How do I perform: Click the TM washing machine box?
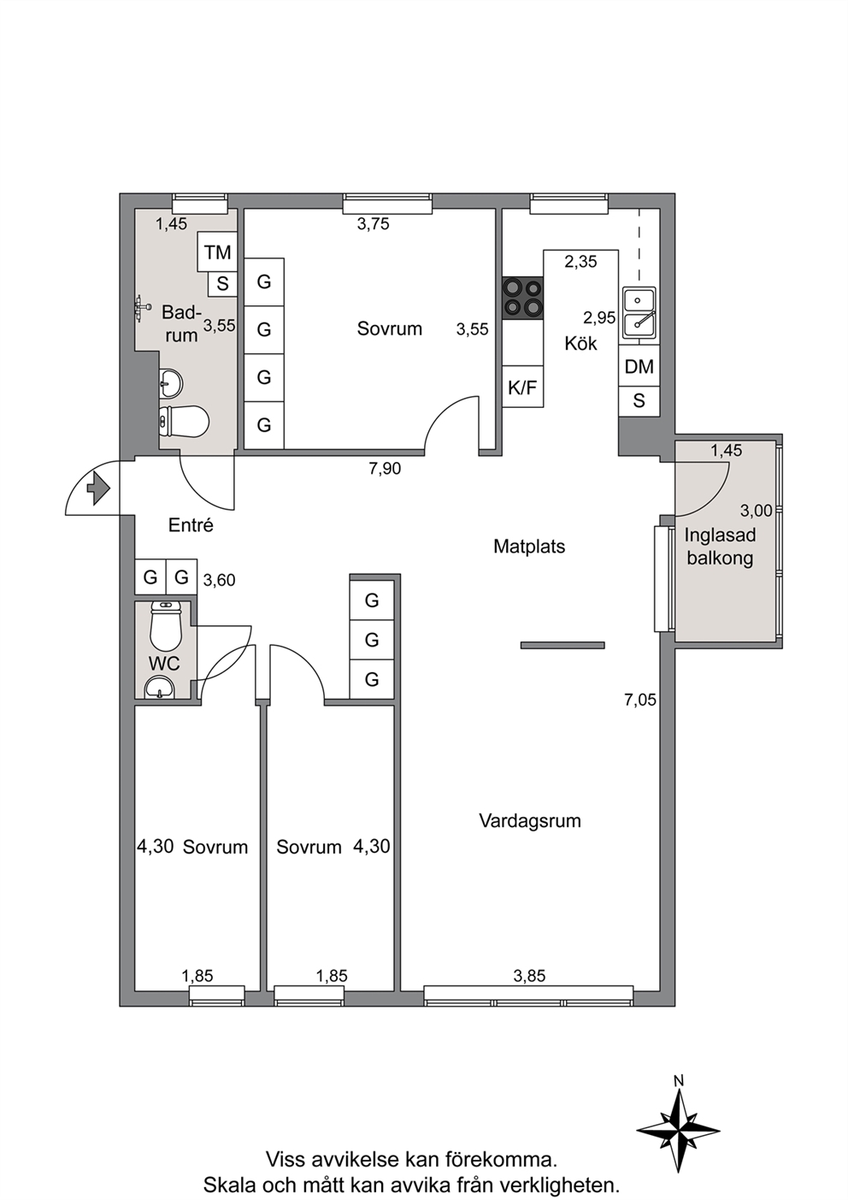(x=217, y=251)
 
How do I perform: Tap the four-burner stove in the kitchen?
(x=522, y=299)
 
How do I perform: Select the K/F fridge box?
(x=522, y=387)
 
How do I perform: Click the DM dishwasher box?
(x=639, y=366)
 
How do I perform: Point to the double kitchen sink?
(x=639, y=315)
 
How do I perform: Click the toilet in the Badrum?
(x=183, y=421)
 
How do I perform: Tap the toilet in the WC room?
(x=167, y=625)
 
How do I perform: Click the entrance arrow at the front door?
(x=98, y=488)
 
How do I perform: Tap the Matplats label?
(x=529, y=547)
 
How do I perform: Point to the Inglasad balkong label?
(x=720, y=547)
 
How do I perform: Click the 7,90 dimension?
(x=385, y=469)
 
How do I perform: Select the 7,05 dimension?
(x=639, y=700)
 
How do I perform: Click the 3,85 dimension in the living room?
(x=529, y=976)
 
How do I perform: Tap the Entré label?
(x=191, y=525)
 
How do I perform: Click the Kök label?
(x=580, y=343)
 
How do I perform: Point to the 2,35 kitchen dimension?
(x=580, y=262)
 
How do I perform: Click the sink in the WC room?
(x=160, y=687)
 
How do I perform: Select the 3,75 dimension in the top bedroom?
(x=374, y=224)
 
